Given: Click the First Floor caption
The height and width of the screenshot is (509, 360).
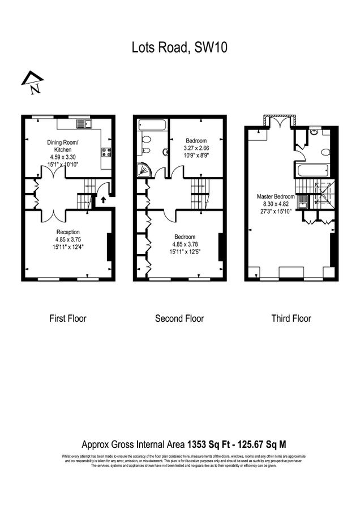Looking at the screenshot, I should [x=67, y=318].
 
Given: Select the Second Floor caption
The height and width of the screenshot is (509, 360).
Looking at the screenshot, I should [x=179, y=318].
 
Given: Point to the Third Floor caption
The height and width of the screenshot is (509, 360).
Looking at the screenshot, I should [x=291, y=318].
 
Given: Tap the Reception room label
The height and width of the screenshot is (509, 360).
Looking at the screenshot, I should [x=67, y=232].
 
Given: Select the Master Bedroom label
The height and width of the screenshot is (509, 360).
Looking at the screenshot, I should [x=276, y=196].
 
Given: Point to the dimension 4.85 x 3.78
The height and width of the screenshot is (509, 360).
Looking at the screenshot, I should [x=185, y=244].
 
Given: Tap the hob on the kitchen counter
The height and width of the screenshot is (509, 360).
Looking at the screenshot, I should [x=105, y=152].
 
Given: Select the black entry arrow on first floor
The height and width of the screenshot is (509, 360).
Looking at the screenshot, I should [x=103, y=199].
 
